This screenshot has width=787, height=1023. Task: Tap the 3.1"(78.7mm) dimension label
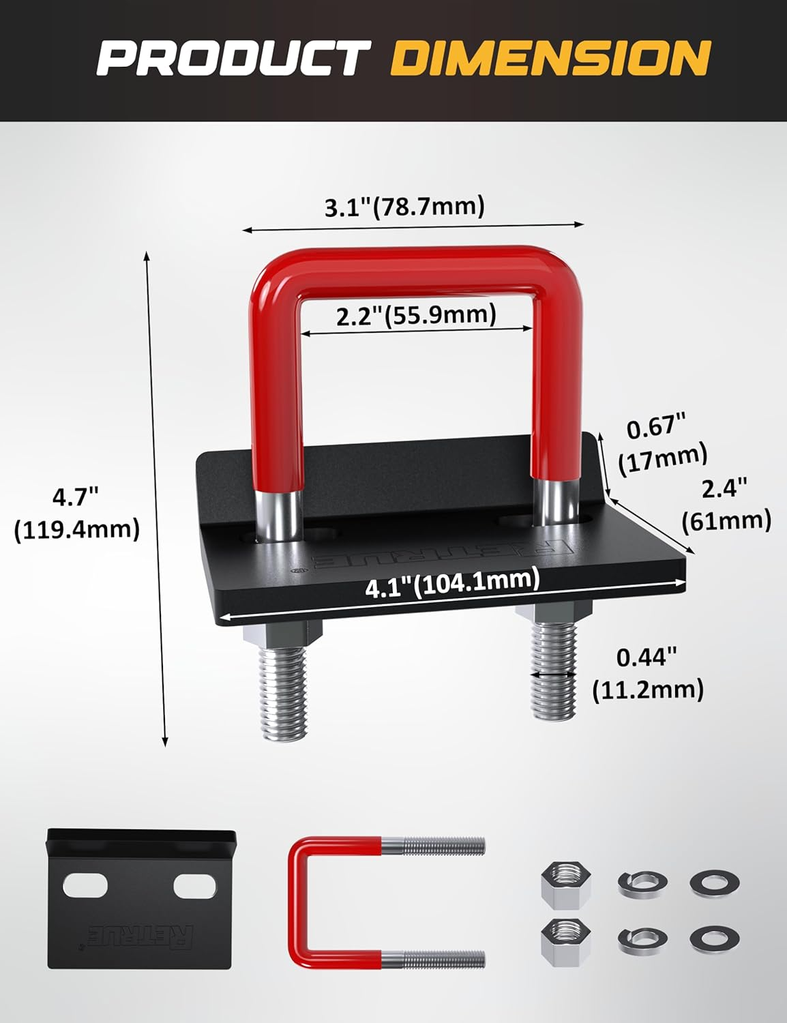[x=404, y=206]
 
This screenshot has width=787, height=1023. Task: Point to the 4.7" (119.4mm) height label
[x=77, y=513]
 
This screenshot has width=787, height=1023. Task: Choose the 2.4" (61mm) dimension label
[x=726, y=505]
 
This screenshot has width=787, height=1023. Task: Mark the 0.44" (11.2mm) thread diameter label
[x=647, y=674]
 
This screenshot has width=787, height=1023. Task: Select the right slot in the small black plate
[x=194, y=887]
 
